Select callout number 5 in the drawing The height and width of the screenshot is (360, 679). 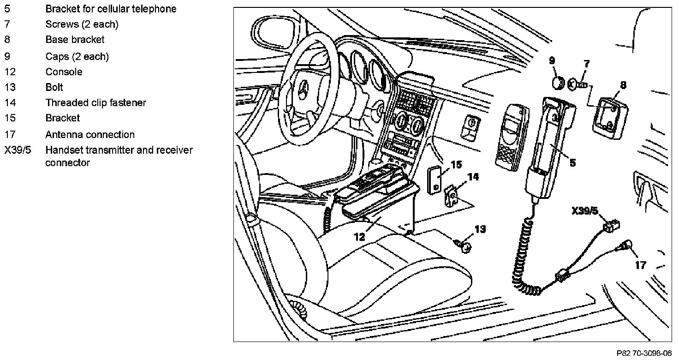click(572, 162)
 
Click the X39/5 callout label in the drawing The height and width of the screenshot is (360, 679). click(584, 211)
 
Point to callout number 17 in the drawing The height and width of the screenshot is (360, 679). click(641, 265)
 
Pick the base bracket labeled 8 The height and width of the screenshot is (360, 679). click(610, 118)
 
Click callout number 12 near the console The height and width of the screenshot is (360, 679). click(359, 237)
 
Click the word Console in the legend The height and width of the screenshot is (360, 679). click(64, 72)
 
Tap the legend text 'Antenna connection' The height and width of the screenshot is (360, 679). click(90, 135)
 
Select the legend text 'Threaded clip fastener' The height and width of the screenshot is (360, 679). click(95, 103)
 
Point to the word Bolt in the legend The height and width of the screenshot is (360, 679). click(54, 87)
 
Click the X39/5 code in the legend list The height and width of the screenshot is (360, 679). click(18, 150)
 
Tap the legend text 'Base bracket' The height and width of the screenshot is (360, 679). click(75, 40)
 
